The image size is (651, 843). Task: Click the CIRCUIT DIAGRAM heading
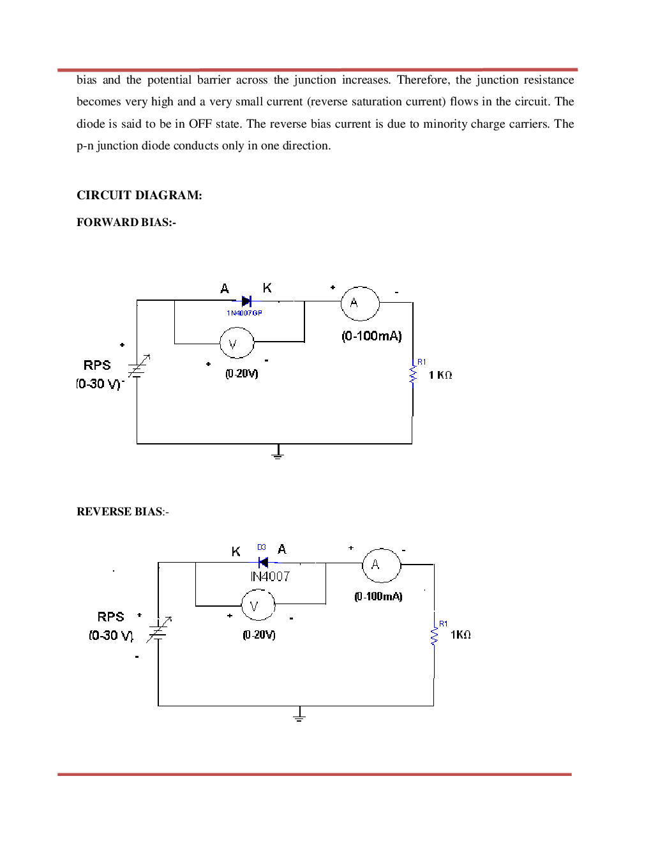139,195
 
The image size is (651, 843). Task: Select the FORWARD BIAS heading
126,222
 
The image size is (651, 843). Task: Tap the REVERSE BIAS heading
123,512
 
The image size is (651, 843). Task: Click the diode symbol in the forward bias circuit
246,301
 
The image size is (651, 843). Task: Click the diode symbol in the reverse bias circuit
262,563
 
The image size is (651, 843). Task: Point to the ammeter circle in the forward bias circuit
360,303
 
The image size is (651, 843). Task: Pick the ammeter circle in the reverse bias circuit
382,565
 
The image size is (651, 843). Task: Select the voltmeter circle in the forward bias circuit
237,344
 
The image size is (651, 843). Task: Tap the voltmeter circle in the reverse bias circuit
258,605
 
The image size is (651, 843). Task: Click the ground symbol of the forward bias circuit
277,453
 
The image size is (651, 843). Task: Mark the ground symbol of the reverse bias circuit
299,715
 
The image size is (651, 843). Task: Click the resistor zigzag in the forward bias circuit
413,375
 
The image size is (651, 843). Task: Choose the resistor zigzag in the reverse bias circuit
434,636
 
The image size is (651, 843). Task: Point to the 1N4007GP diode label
244,313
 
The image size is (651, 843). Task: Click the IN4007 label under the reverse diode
270,577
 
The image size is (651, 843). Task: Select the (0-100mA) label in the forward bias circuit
371,336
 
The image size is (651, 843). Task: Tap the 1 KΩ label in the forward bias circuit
440,375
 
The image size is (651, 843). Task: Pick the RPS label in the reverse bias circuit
110,617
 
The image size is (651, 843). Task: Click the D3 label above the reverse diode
262,547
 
